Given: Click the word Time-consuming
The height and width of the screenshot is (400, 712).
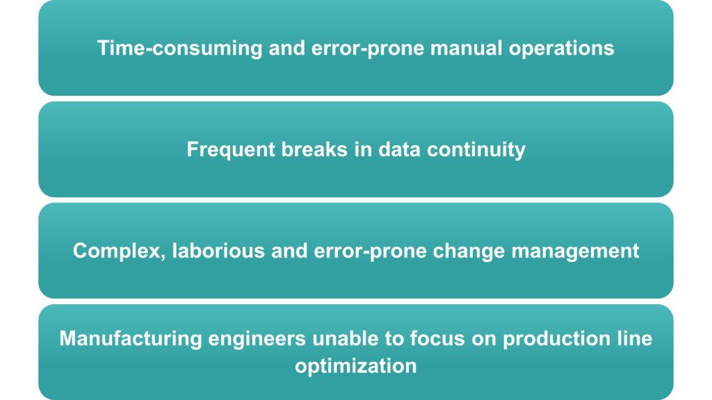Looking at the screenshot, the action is [x=180, y=49].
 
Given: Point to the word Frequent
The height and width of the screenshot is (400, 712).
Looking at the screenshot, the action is [x=231, y=150].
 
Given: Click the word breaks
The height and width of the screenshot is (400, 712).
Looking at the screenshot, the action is [x=314, y=149].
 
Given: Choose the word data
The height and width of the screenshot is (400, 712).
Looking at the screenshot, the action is [x=400, y=149].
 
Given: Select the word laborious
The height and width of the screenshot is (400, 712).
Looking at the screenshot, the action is [x=218, y=251].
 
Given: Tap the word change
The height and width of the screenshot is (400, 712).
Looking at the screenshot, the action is [x=469, y=251].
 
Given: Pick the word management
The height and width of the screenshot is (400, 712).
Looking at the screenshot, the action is [x=575, y=251].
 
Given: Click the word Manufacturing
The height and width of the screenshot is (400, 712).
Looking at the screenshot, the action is [x=131, y=339].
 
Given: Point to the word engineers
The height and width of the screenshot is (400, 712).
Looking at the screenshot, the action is [x=257, y=339].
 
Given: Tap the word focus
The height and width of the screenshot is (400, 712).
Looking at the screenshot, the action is [x=437, y=338].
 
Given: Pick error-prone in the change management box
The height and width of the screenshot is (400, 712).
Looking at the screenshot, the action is [x=370, y=251].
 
